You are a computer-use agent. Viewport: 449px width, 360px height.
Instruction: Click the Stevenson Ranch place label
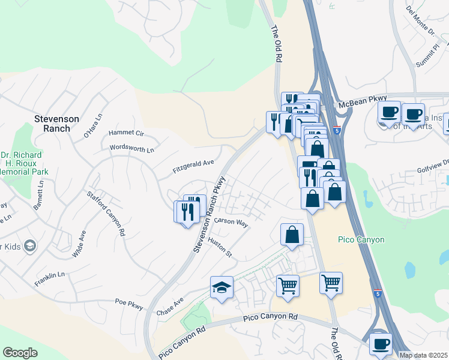coord(56,124)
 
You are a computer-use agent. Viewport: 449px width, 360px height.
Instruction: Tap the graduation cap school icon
coord(221,287)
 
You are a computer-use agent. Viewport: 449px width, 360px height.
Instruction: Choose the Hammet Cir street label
coord(127,133)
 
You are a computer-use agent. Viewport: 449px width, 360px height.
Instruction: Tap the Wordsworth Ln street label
coord(132,147)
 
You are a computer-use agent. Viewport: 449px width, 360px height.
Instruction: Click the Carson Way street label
coord(232,222)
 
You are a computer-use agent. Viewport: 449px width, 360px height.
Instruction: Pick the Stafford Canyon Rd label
coord(106,213)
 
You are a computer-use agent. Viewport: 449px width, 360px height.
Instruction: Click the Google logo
coord(20,353)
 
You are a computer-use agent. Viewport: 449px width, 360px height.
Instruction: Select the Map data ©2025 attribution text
coord(423,355)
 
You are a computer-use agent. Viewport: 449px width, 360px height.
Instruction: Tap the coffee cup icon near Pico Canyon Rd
coord(381,344)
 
